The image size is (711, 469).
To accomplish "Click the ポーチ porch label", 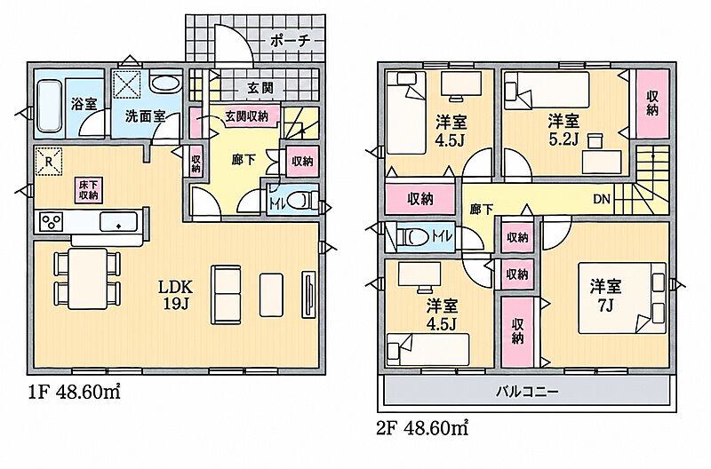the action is click(291, 41).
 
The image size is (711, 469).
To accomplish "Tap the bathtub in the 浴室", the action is click(50, 106).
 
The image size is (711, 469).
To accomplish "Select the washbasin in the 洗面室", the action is click(165, 83).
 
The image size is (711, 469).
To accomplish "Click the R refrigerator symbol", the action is click(49, 162).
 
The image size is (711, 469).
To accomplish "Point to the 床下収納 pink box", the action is click(89, 190).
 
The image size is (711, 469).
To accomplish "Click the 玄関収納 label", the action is click(247, 116).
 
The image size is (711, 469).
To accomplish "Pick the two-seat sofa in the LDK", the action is click(226, 295).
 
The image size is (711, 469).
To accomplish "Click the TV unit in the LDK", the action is click(308, 295).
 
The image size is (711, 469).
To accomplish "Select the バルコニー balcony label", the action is click(527, 392).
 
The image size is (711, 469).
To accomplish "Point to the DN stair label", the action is click(603, 199).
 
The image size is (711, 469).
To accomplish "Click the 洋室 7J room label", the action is click(605, 296).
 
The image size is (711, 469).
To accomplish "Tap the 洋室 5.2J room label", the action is click(563, 130).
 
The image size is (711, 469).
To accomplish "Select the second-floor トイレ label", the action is click(442, 236).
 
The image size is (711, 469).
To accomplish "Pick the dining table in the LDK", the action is click(88, 278).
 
